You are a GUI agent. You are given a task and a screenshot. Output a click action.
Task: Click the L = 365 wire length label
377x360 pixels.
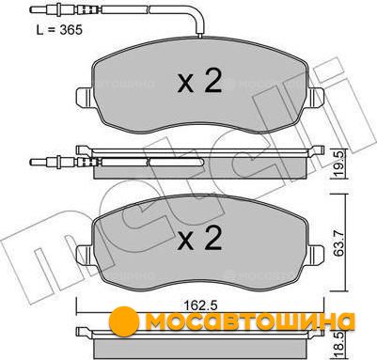(59, 30)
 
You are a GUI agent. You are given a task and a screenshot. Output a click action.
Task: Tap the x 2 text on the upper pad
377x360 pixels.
(199, 80)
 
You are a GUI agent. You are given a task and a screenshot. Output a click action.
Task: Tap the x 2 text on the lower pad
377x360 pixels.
(199, 238)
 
